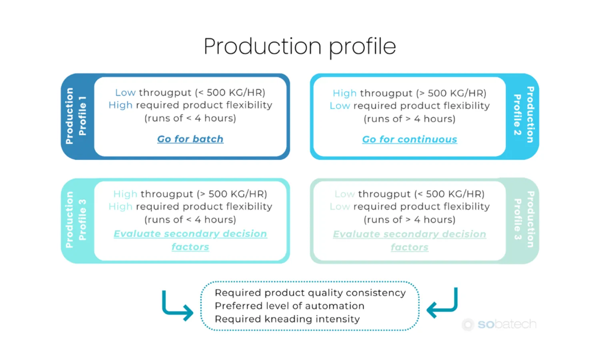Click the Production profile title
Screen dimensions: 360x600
[x=300, y=46]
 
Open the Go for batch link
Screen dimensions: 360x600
[x=190, y=139]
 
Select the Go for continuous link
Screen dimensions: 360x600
[x=409, y=139]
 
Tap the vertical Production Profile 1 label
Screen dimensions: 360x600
[x=76, y=116]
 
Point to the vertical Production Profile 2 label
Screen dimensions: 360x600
[x=524, y=115]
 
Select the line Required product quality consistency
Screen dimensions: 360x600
[x=310, y=293]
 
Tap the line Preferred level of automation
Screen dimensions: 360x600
[x=289, y=306]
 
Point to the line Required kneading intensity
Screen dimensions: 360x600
[x=287, y=319]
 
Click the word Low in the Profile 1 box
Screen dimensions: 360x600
[x=125, y=93]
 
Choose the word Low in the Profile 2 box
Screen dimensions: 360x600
[x=340, y=106]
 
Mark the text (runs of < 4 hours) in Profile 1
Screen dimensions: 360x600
[x=190, y=118]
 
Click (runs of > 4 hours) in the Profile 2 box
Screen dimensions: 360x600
[x=409, y=119]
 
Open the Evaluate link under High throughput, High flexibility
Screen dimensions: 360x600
[x=190, y=240]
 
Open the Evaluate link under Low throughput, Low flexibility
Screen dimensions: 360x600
[x=409, y=240]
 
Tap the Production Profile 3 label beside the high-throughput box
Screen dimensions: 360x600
[x=76, y=220]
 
